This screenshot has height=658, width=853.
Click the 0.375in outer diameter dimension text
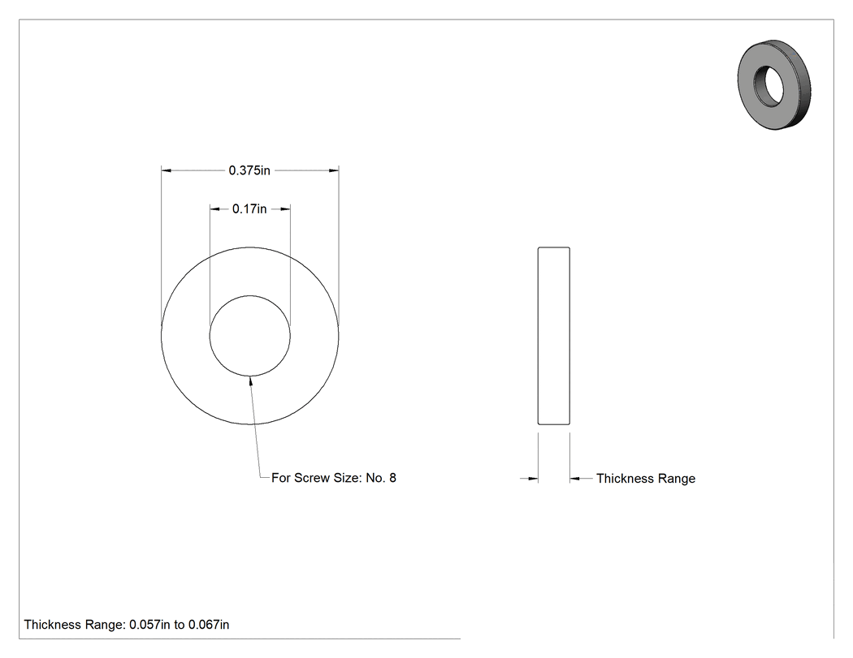pyautogui.click(x=249, y=170)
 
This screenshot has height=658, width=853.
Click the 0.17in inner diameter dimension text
pyautogui.click(x=249, y=209)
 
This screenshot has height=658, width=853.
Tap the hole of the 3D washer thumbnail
pyautogui.click(x=769, y=86)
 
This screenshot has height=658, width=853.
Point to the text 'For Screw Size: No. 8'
pyautogui.click(x=334, y=478)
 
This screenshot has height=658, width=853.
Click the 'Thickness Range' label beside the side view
pyautogui.click(x=646, y=479)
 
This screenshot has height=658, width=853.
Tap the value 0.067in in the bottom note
pyautogui.click(x=209, y=625)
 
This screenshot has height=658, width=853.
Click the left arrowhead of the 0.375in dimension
pyautogui.click(x=167, y=170)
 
